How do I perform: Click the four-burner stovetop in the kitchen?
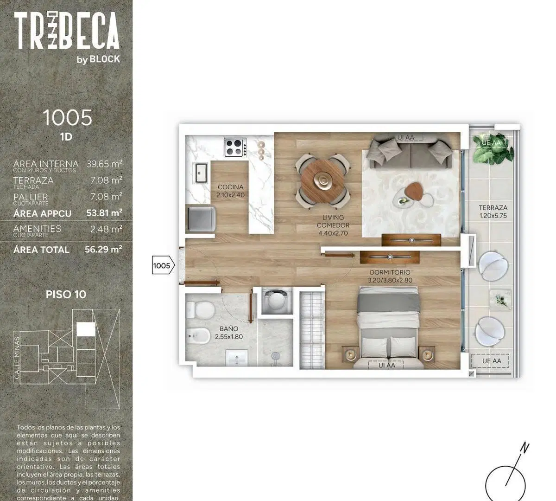235,148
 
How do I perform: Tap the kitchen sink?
201,173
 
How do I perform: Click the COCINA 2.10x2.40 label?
230,191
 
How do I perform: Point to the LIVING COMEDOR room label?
333,221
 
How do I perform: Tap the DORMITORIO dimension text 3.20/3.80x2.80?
390,280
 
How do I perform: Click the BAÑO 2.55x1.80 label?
229,333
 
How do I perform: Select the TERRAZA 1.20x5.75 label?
493,212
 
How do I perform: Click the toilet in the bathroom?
201,310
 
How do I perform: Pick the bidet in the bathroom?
198,336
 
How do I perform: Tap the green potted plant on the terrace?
493,148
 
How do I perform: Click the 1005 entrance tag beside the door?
163,266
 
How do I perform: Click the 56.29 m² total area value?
103,249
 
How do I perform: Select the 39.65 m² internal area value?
104,164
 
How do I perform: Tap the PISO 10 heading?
66,295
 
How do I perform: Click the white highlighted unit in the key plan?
86,329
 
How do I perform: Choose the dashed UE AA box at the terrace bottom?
490,361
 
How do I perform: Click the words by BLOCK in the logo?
98,59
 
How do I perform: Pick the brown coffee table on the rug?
414,191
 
